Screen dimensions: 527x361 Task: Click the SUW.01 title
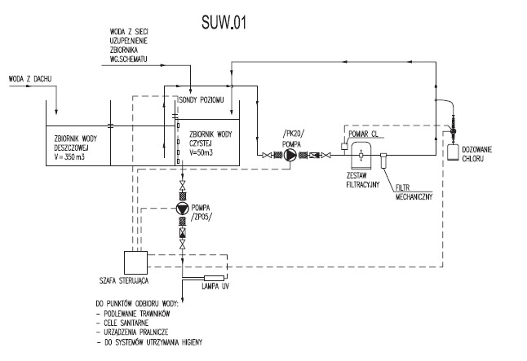224,23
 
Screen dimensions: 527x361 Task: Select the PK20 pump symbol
290,155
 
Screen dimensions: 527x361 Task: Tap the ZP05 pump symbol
183,209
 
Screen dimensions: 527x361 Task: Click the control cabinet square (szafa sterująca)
135,262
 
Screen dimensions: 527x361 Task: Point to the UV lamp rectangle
214,278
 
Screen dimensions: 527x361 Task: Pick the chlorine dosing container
453,152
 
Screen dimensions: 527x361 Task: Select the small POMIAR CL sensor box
343,146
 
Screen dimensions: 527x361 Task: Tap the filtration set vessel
361,155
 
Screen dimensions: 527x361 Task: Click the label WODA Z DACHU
30,79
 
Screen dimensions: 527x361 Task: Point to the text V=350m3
69,156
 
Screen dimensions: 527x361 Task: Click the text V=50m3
201,153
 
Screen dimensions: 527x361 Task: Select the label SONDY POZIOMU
201,100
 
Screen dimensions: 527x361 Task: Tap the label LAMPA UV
215,286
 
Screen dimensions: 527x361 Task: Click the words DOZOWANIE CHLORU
477,154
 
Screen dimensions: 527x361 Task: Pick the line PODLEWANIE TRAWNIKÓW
137,314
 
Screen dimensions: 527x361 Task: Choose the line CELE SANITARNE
126,323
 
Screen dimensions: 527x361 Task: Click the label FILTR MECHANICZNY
414,192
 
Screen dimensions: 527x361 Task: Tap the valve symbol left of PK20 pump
267,155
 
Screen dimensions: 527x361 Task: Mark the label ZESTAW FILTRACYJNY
363,179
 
